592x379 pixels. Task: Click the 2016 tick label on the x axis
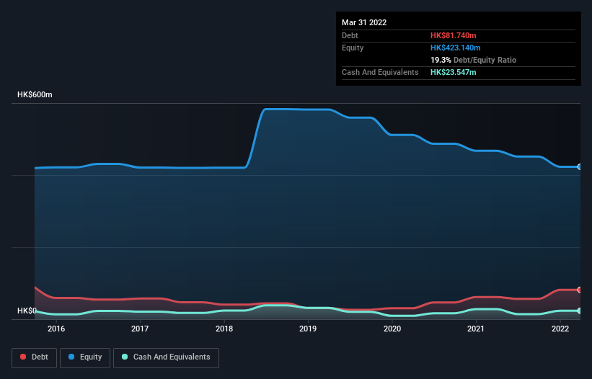56,329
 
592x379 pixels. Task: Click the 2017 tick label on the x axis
140,329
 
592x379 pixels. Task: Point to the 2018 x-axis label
224,329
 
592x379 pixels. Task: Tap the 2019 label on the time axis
308,329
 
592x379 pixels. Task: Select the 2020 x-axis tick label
392,329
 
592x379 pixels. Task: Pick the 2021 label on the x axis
476,329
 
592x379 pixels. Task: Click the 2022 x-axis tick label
560,329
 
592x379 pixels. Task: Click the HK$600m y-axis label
35,95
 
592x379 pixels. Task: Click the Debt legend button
35,357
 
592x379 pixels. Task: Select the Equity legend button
85,357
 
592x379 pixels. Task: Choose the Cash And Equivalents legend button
166,357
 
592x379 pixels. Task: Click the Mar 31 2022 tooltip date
364,22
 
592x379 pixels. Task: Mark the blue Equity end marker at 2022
580,166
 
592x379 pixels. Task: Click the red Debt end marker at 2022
580,290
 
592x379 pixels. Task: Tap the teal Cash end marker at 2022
580,311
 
